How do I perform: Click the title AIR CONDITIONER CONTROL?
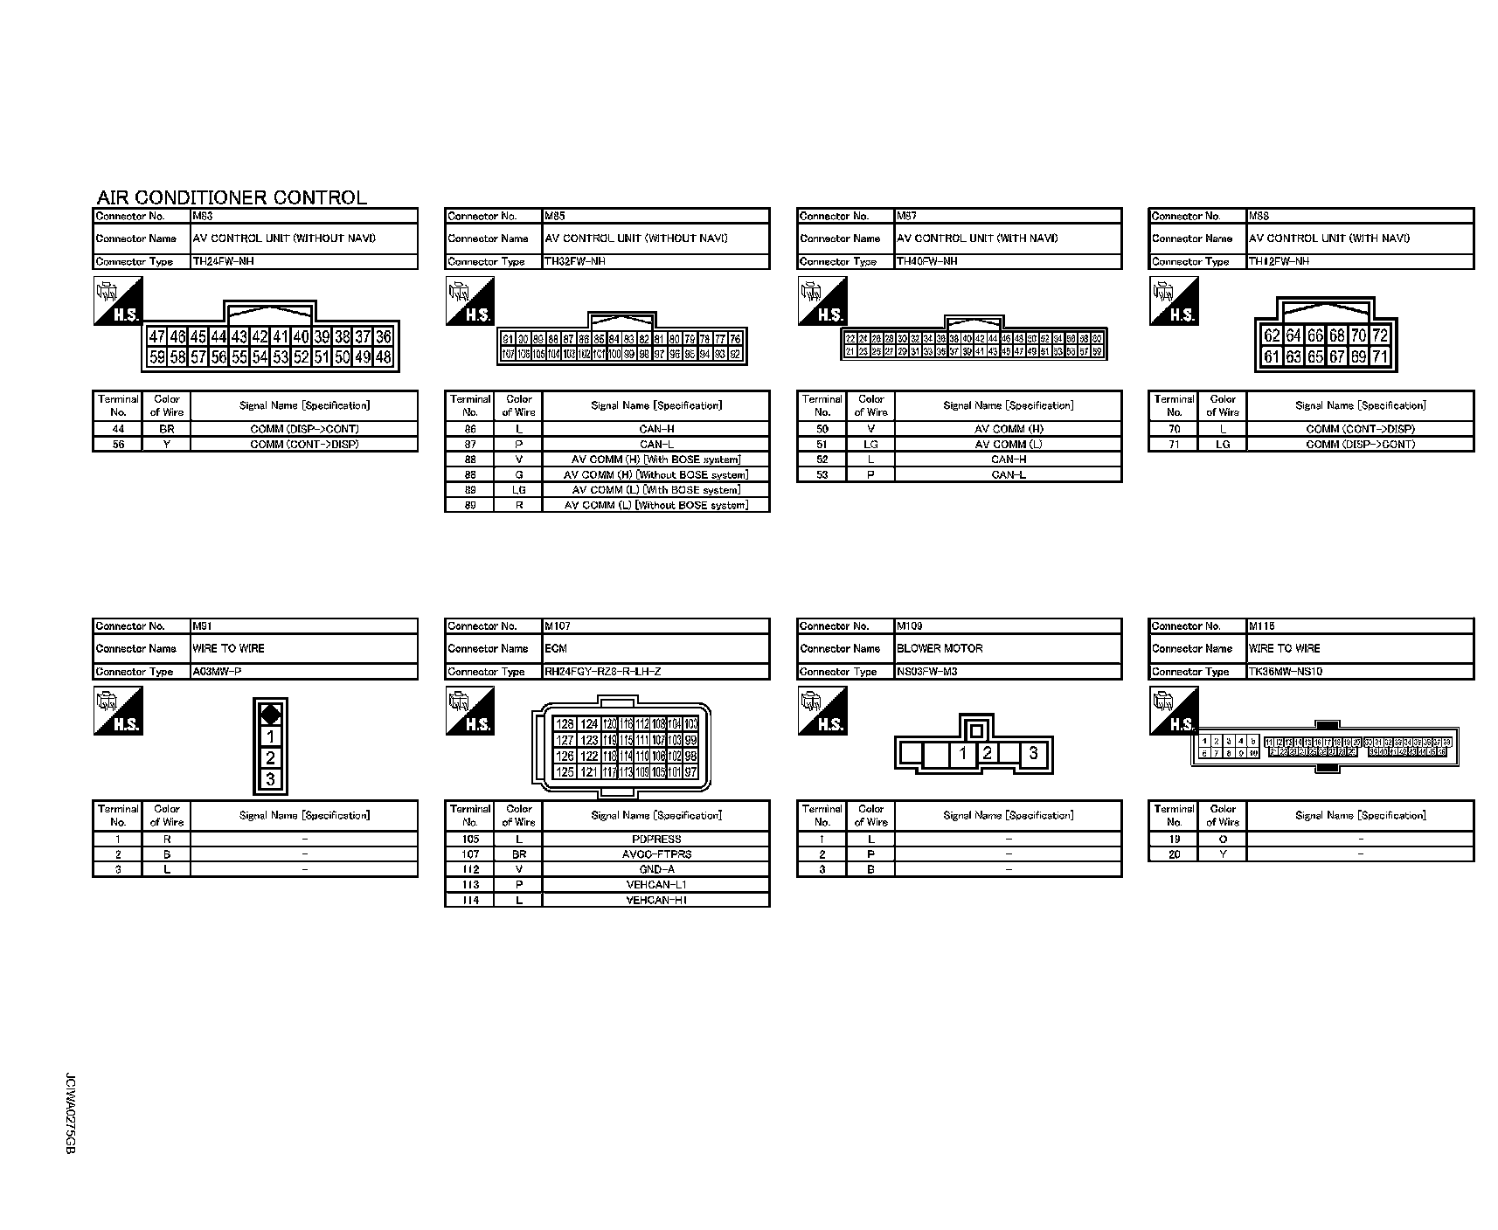click(232, 197)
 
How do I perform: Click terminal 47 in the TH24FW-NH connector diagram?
click(156, 337)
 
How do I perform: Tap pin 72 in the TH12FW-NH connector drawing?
click(1380, 335)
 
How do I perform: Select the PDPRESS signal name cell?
click(655, 840)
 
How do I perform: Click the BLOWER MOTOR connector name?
click(940, 648)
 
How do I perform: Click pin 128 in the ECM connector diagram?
click(565, 724)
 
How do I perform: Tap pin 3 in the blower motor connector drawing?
click(1033, 752)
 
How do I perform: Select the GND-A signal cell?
click(655, 870)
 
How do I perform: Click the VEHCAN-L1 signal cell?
click(655, 885)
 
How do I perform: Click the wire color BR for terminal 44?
click(167, 429)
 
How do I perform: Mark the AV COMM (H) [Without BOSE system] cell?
click(655, 475)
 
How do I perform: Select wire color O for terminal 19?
click(1223, 840)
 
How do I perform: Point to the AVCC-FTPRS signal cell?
click(655, 854)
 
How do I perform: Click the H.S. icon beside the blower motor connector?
click(822, 710)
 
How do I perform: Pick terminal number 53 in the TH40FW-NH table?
click(822, 475)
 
